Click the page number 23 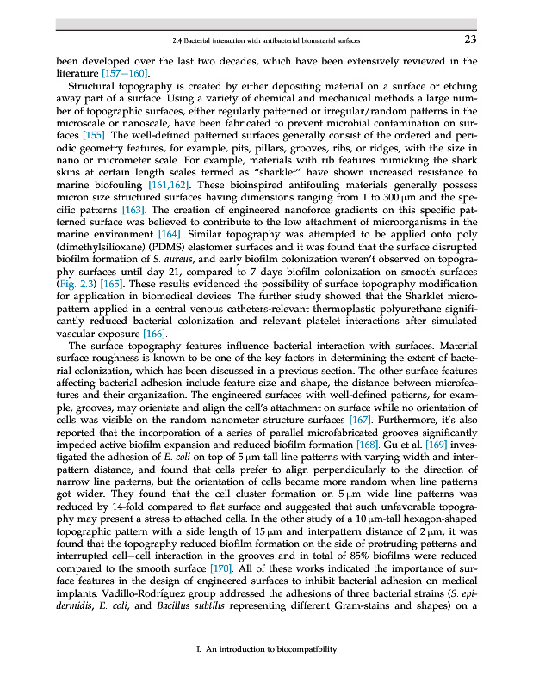(x=470, y=39)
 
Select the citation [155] (x=95, y=136)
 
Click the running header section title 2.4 (x=266, y=40)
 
